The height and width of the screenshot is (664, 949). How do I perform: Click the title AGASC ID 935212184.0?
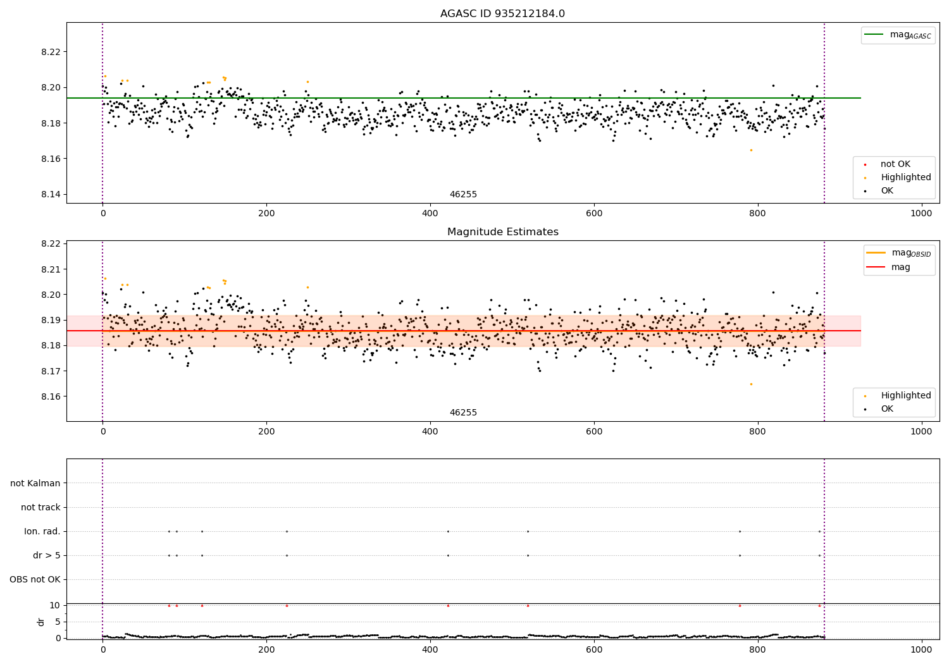[502, 14]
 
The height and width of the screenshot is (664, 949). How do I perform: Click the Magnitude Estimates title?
[502, 232]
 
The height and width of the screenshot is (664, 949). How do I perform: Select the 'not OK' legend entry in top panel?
[895, 164]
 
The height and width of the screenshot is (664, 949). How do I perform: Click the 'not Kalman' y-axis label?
[35, 483]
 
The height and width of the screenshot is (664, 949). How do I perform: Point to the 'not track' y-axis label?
[40, 507]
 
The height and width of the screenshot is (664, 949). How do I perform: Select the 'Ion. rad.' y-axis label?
[42, 531]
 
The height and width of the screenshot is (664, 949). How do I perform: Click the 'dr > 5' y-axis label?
[47, 555]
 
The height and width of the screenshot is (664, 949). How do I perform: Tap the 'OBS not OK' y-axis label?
[35, 579]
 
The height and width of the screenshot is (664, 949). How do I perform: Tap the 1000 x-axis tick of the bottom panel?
[921, 649]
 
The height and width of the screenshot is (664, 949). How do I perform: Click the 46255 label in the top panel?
[463, 195]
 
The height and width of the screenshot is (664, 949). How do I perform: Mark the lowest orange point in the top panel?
[751, 150]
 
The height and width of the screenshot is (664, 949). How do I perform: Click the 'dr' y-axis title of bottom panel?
[41, 622]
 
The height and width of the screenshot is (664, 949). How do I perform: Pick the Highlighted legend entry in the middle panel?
[905, 395]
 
